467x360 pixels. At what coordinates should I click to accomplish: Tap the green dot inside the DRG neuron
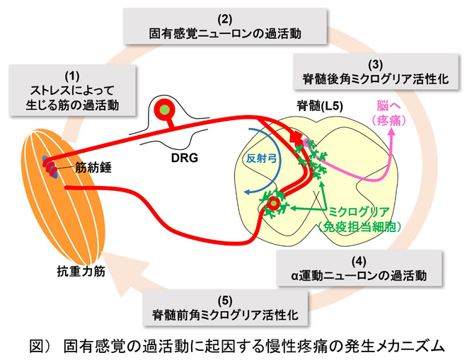[x=166, y=110]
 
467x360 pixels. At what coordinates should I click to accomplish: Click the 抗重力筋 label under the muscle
[x=82, y=269]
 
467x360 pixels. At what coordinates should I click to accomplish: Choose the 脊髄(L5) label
[x=320, y=105]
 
